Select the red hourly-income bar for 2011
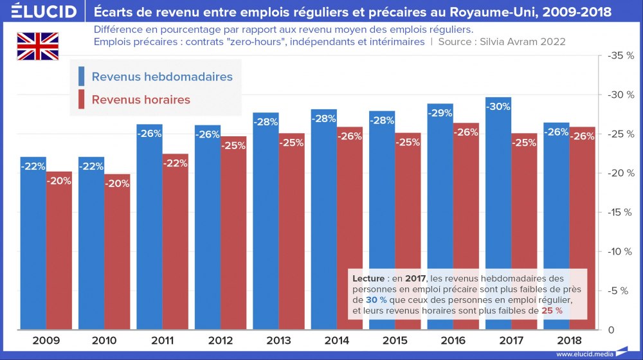(x=175, y=244)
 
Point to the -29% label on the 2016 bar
(x=440, y=113)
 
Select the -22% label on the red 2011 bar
(x=175, y=163)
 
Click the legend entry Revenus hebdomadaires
(x=161, y=76)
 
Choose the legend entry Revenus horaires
(x=141, y=100)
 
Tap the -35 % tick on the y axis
(x=620, y=56)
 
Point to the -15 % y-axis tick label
(x=620, y=212)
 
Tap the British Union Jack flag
(x=37, y=46)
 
